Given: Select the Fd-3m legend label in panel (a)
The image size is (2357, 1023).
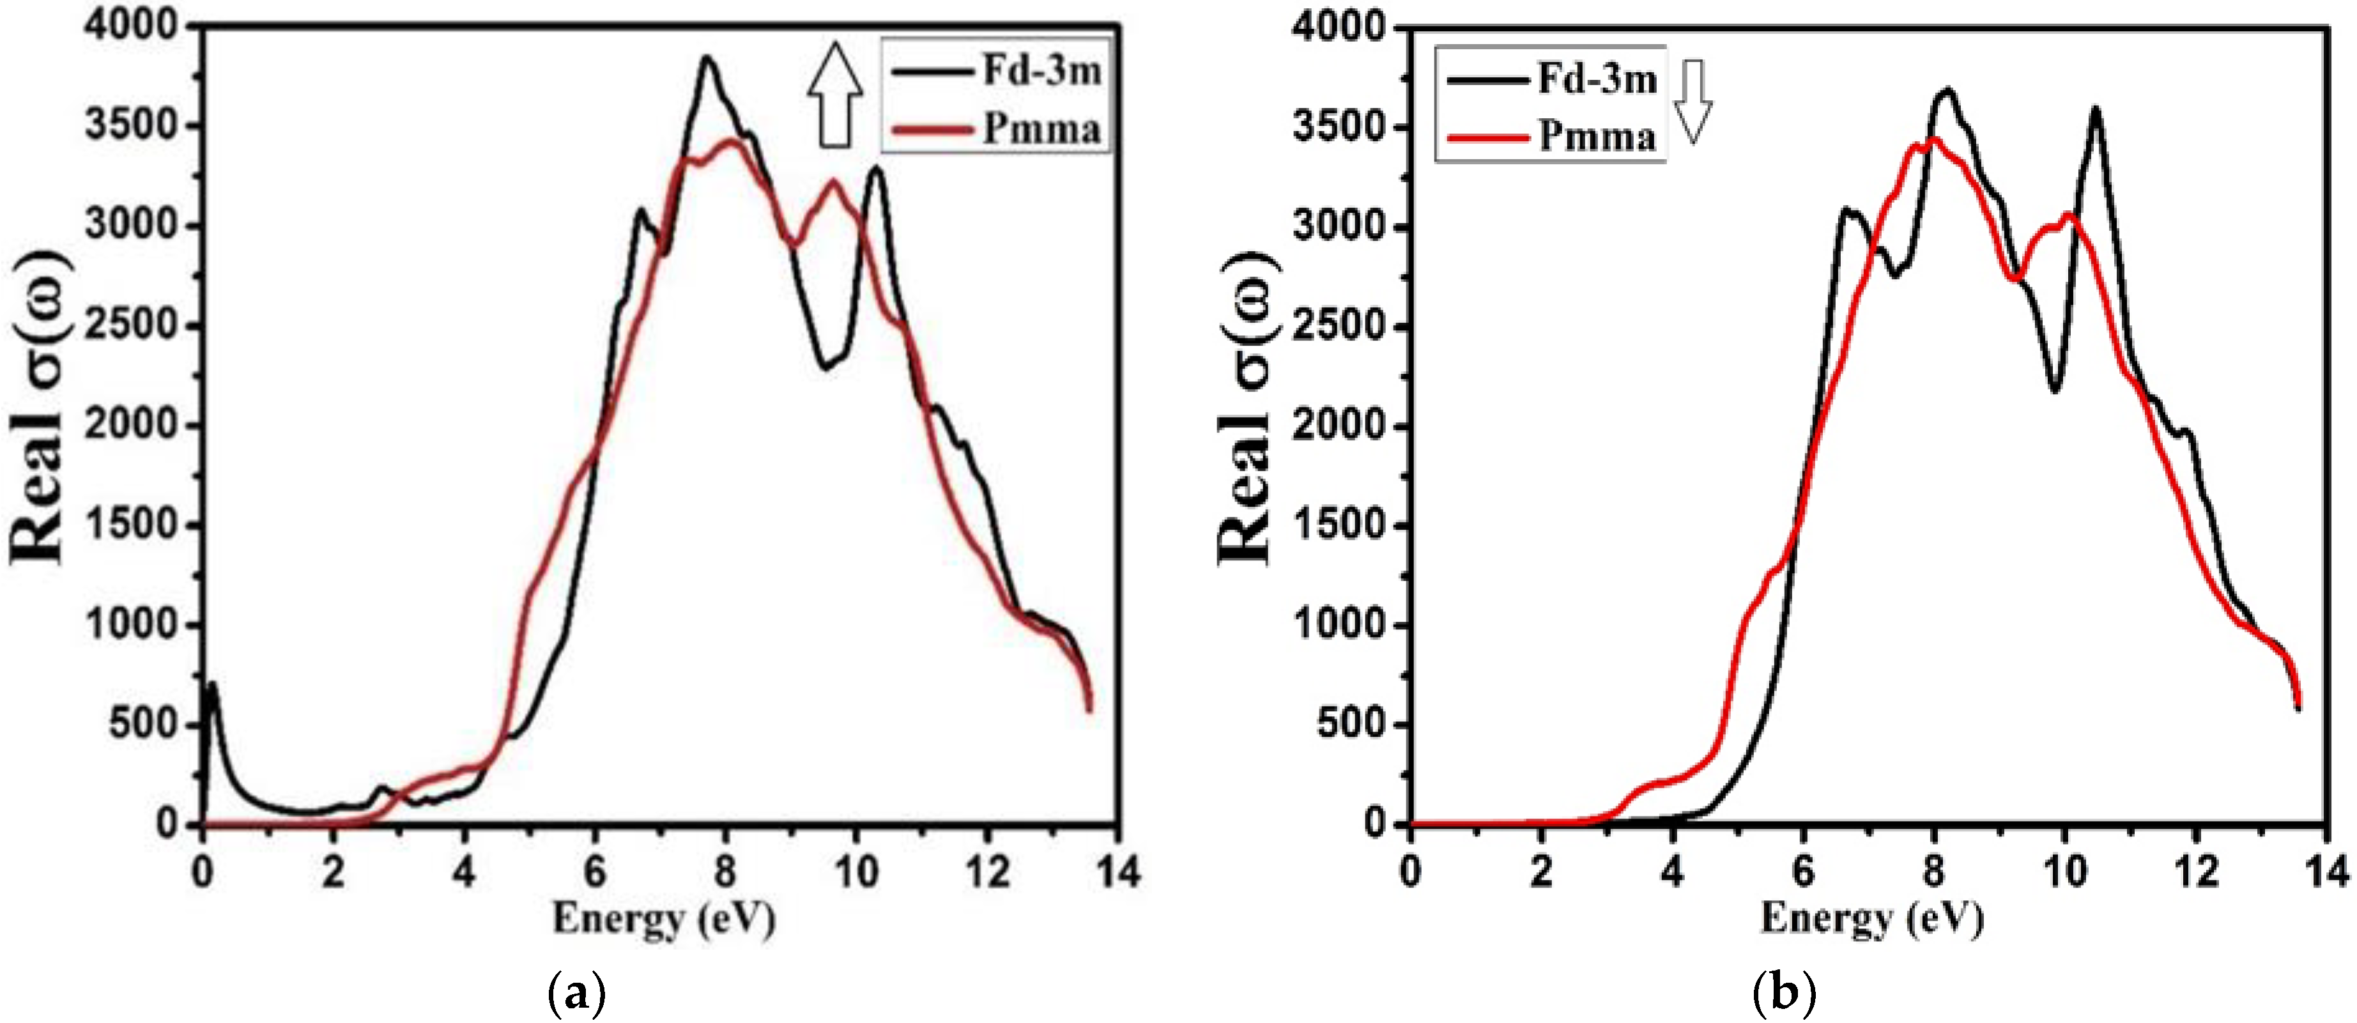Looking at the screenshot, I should pyautogui.click(x=1042, y=70).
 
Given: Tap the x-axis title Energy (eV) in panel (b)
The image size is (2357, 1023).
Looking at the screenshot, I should pyautogui.click(x=1872, y=918).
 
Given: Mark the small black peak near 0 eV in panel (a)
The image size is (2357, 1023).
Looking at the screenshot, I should pyautogui.click(x=212, y=684).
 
